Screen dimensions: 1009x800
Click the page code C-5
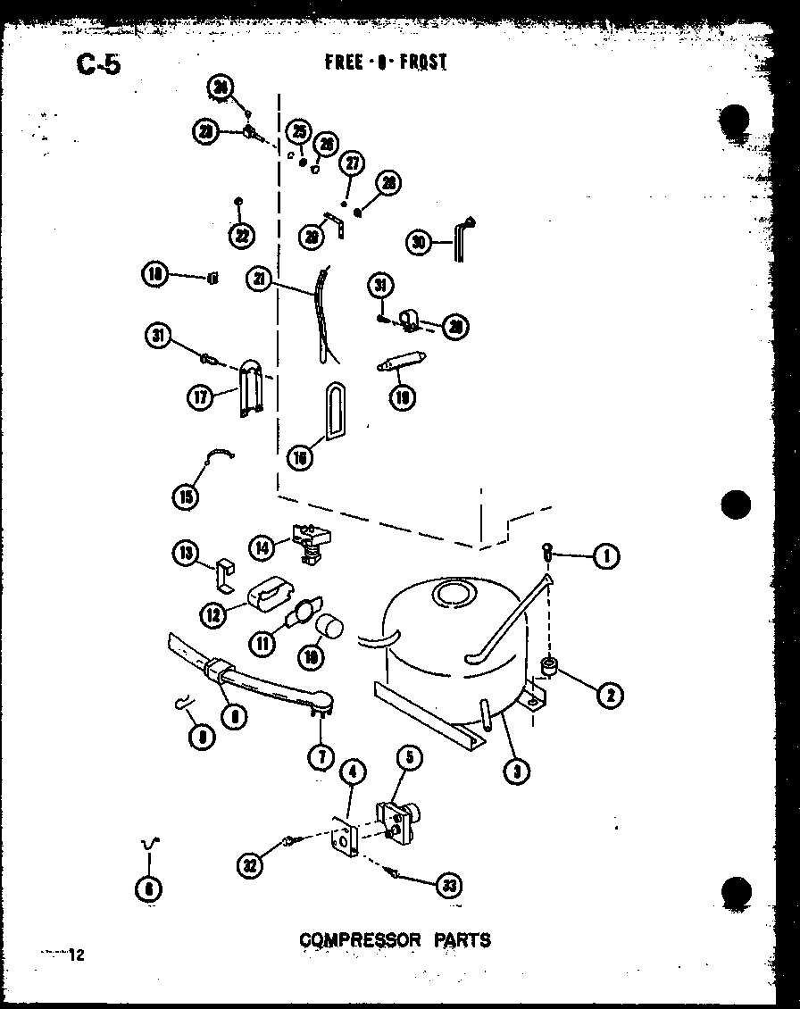(98, 65)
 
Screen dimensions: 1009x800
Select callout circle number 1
(606, 556)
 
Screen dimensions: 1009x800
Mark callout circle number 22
(240, 235)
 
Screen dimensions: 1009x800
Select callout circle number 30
(418, 242)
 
